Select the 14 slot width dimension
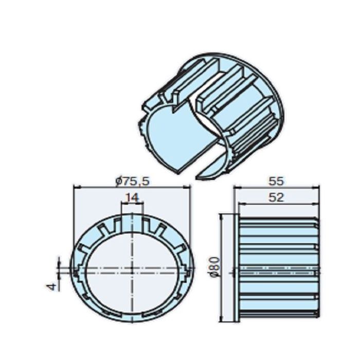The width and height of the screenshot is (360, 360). click(132, 196)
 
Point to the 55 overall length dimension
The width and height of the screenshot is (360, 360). click(277, 181)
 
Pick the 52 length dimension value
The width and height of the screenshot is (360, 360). click(277, 197)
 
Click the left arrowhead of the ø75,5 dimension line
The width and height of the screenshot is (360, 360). click(76, 187)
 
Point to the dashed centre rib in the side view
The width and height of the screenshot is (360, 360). click(278, 269)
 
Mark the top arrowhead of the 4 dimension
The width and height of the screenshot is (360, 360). click(59, 263)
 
